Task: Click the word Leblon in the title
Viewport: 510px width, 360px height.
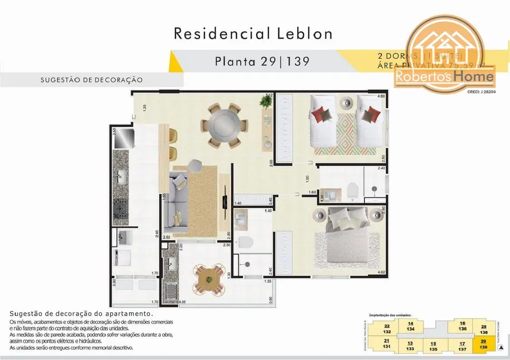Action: [x=302, y=33]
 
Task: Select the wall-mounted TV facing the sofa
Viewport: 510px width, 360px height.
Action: [x=225, y=197]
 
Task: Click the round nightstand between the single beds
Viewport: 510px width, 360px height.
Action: [x=347, y=102]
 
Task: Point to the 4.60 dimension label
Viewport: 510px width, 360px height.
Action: [x=381, y=97]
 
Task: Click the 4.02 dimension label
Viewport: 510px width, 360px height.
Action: [x=380, y=272]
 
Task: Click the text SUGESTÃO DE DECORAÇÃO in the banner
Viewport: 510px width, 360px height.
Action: [x=91, y=80]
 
